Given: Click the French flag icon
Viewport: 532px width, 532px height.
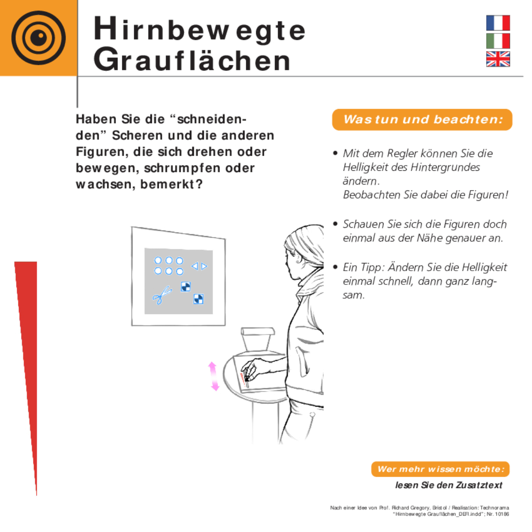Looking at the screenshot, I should [498, 23].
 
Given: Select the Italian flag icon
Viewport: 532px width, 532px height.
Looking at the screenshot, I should [498, 41].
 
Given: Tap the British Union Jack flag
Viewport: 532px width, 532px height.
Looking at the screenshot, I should [498, 59].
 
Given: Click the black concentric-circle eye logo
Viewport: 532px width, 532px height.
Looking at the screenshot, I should [39, 38].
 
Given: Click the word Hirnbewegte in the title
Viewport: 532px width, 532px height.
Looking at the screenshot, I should [199, 29].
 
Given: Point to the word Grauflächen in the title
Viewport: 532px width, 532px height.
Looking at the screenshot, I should [192, 60].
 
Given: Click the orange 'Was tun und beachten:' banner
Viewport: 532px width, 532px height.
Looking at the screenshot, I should [422, 119].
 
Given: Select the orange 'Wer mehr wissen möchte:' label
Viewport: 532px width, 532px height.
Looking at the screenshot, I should [440, 469].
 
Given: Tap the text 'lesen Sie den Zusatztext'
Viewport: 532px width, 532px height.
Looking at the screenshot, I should [448, 485].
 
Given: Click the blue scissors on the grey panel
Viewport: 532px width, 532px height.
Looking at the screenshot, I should [162, 295].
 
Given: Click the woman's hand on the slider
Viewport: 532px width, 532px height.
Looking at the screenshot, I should [249, 370].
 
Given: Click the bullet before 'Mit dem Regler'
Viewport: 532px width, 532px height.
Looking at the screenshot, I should [335, 153].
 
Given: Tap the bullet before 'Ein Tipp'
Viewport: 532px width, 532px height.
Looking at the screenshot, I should [335, 267].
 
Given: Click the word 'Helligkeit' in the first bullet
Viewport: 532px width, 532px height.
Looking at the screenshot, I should [366, 167].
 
